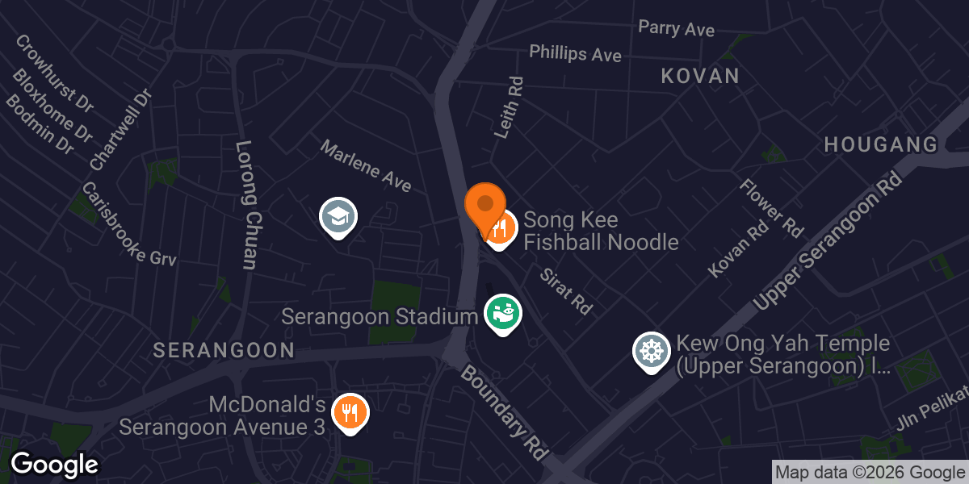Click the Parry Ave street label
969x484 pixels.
[x=676, y=28]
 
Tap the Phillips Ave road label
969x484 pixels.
[x=575, y=53]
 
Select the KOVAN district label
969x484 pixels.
[x=700, y=77]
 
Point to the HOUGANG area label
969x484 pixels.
[x=880, y=145]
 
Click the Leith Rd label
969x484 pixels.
[x=509, y=107]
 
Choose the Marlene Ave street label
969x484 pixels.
[x=365, y=166]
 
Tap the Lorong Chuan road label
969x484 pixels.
[x=245, y=205]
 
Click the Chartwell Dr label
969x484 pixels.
[x=121, y=130]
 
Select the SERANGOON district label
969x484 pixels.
[x=224, y=350]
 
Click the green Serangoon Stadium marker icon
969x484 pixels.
[x=502, y=312]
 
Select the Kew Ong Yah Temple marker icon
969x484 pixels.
[x=651, y=352]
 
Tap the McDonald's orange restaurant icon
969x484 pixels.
[x=350, y=412]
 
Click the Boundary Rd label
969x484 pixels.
[x=505, y=411]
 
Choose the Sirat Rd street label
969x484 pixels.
[x=566, y=290]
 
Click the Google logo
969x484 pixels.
[x=54, y=465]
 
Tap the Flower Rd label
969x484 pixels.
[x=771, y=208]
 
